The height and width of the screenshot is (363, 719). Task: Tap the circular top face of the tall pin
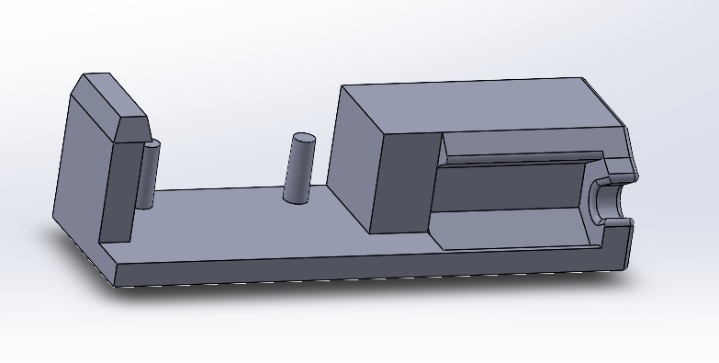pos(303,139)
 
